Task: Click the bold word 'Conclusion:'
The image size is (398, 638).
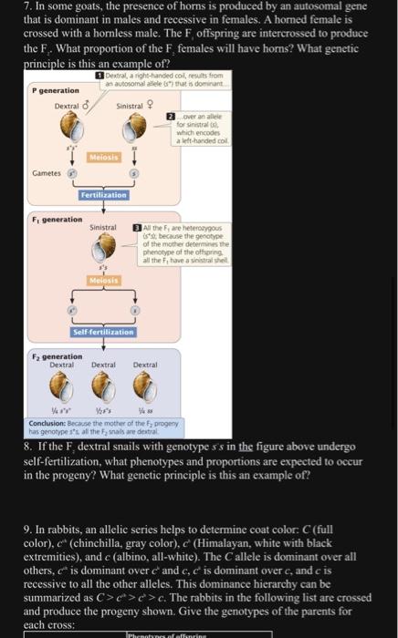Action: pyautogui.click(x=48, y=426)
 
